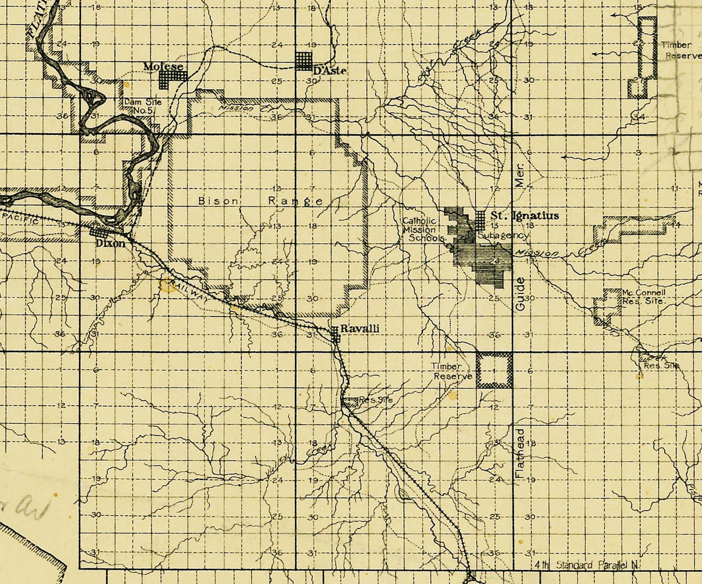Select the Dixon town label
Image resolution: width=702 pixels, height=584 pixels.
110,244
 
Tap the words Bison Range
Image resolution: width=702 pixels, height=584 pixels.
260,201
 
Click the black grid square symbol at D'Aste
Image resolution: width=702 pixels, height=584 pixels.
304,60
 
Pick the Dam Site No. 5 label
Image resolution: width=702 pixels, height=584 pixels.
143,106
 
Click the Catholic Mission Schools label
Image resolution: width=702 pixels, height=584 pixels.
424,229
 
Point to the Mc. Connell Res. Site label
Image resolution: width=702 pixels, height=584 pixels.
643,297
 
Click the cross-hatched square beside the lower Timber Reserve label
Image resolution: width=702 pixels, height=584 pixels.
494,370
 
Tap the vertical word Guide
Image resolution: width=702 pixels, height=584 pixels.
520,293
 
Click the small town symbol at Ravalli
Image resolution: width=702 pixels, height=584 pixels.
335,333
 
